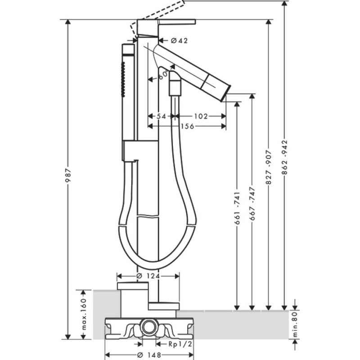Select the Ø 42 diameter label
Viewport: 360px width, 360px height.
[179, 40]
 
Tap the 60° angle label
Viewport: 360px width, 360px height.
[163, 75]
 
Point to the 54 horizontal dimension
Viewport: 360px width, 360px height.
[161, 117]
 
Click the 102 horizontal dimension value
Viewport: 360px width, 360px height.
[201, 117]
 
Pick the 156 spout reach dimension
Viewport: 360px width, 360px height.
[187, 126]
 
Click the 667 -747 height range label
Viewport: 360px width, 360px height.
[252, 204]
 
